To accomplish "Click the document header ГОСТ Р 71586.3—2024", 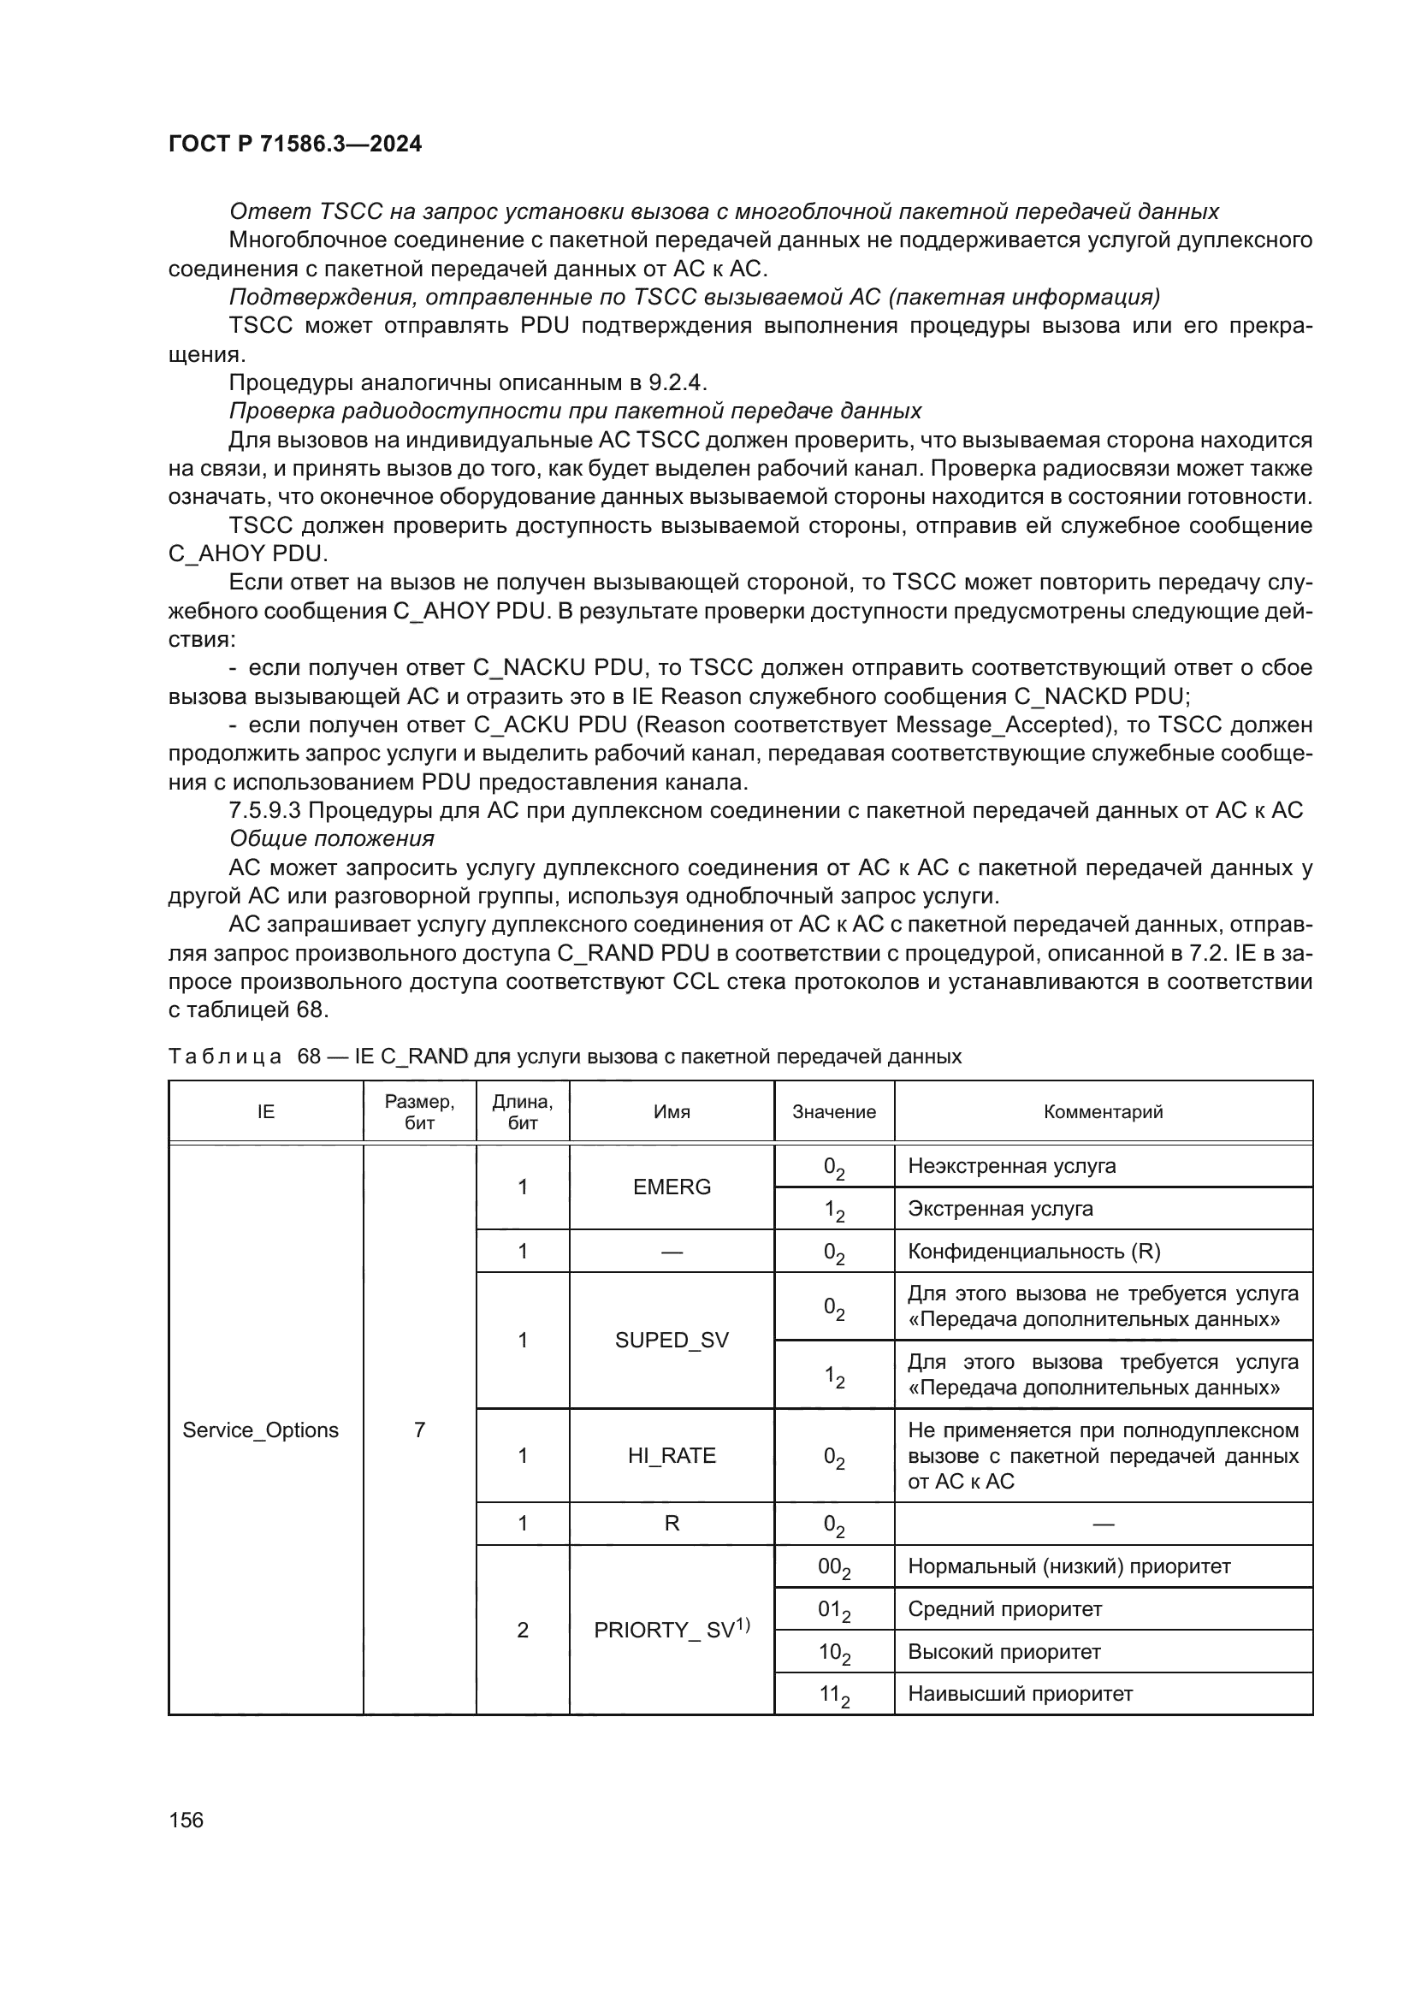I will (294, 144).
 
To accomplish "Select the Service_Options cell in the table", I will (260, 1430).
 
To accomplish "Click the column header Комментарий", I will (1103, 1111).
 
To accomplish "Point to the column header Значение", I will (834, 1111).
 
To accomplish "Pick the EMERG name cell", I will (671, 1187).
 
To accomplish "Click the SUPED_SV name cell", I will (671, 1340).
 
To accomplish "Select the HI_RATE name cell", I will (671, 1455).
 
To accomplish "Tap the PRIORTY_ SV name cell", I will (671, 1630).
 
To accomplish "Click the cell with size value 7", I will (419, 1430).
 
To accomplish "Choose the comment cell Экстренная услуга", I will (1000, 1209).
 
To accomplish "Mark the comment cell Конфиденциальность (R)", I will (1034, 1252).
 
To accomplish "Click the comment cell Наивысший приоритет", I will (1021, 1693).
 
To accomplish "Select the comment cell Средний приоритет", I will (1004, 1609).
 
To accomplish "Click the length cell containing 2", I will (523, 1630).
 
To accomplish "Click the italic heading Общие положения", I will (331, 838).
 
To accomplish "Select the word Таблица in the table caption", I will (225, 1057).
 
